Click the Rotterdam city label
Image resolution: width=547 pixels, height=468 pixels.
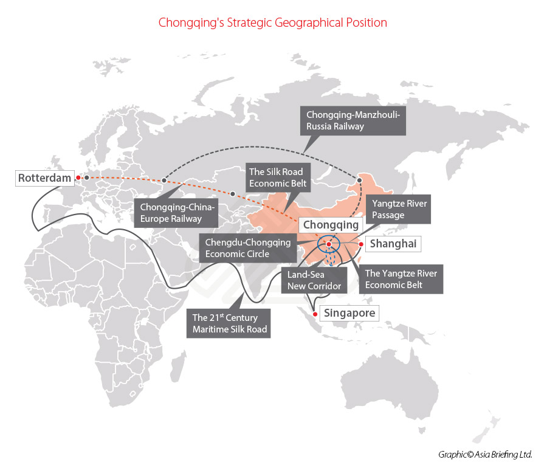pos(40,178)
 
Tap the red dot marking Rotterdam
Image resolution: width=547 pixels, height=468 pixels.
pos(78,177)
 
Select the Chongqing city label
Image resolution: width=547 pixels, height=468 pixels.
pos(331,225)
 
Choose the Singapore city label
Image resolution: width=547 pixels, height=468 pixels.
pos(350,314)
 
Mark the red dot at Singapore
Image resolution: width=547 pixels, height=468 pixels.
pos(314,314)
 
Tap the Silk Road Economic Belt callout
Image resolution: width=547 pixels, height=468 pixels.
pos(275,177)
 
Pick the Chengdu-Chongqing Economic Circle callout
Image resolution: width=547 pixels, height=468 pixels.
pos(246,248)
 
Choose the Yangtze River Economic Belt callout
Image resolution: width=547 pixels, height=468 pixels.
pos(401,279)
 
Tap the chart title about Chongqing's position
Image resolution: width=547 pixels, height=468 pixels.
pos(273,22)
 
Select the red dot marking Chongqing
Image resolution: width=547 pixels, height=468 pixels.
pos(329,244)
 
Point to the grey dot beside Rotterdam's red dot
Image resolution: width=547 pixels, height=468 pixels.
pos(87,177)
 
